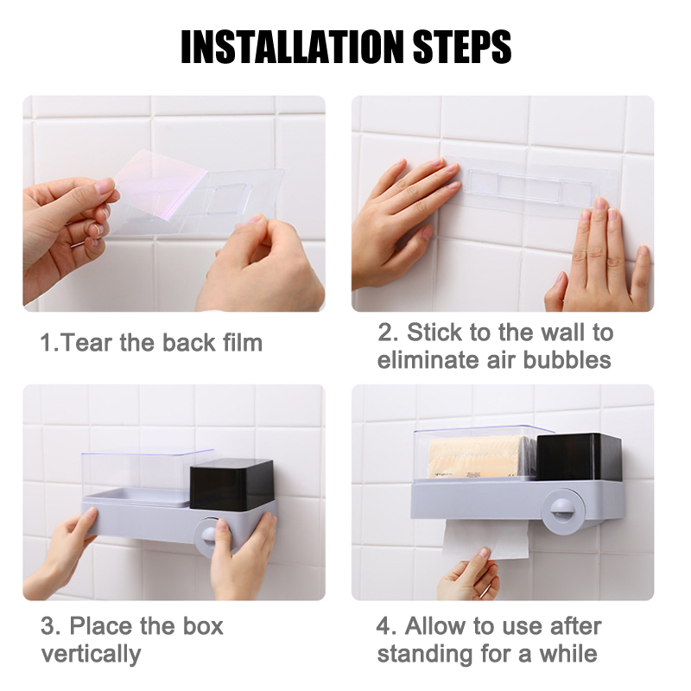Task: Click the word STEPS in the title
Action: click(x=462, y=47)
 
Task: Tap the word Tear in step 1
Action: click(x=87, y=343)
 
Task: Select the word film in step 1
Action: click(x=243, y=342)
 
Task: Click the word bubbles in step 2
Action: click(x=567, y=359)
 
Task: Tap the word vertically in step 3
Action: click(x=91, y=654)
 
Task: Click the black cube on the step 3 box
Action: click(x=231, y=485)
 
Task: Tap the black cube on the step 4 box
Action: click(x=579, y=457)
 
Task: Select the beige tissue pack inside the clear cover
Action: click(x=477, y=458)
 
